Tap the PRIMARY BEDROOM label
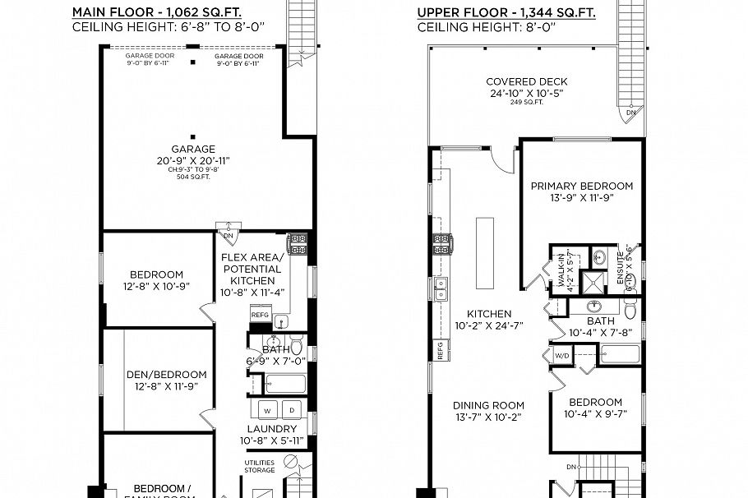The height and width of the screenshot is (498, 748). [581, 186]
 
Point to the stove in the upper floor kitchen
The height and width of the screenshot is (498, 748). [441, 244]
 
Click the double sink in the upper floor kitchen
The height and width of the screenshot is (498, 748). [441, 288]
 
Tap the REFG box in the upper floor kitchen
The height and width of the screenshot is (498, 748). [441, 351]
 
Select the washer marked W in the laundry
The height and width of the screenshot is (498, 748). [267, 409]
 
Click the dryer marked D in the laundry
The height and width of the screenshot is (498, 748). [291, 409]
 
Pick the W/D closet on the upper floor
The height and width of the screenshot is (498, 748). [563, 356]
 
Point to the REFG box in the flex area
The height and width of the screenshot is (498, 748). [260, 315]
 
